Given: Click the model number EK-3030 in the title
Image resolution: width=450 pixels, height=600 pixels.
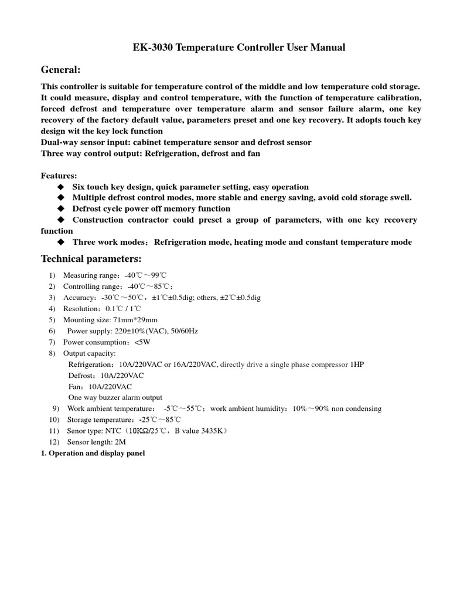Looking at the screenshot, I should click(x=151, y=47).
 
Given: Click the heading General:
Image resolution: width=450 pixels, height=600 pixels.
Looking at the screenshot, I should click(x=60, y=70).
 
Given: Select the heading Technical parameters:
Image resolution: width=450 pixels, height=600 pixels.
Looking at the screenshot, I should click(x=91, y=259).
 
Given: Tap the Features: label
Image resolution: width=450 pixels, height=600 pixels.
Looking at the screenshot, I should click(x=59, y=176).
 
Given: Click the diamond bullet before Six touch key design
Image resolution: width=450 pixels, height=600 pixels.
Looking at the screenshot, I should click(x=60, y=187).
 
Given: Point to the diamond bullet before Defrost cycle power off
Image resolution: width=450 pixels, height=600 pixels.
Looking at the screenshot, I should click(x=60, y=209).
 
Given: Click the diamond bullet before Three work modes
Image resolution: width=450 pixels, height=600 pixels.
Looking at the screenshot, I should click(x=60, y=243).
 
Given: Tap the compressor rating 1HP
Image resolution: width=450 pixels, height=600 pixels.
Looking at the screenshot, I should click(x=356, y=364).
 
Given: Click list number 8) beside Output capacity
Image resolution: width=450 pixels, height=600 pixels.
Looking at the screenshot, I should click(x=52, y=353).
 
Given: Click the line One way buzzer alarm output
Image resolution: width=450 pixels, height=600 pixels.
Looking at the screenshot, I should click(x=115, y=398).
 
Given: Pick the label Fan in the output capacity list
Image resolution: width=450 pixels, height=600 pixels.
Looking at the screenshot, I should click(x=76, y=387).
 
